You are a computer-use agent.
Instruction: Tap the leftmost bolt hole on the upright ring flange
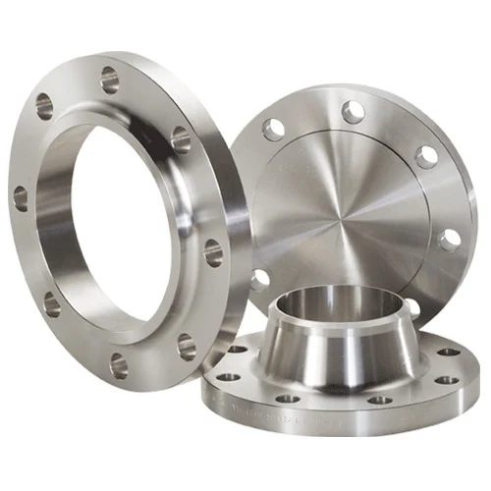(x=21, y=198)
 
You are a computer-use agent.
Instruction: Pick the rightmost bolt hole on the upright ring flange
(x=213, y=252)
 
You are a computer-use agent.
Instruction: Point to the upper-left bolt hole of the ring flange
(x=45, y=103)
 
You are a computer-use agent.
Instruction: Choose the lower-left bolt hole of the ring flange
(x=51, y=304)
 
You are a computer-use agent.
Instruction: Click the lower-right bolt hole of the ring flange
(x=186, y=346)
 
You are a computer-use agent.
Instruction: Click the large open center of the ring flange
(x=118, y=231)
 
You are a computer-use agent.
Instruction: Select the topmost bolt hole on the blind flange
(x=353, y=112)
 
